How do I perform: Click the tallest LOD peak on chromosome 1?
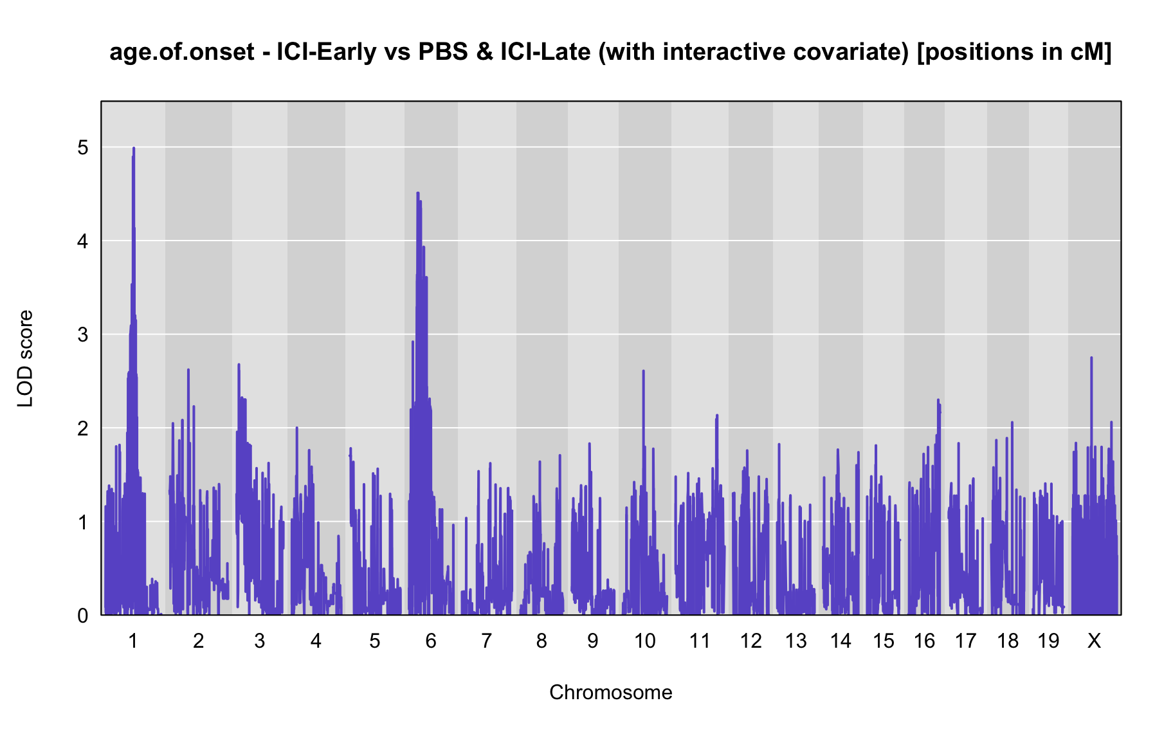[134, 148]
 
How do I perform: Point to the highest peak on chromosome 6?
[418, 192]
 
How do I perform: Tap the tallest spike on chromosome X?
[1091, 358]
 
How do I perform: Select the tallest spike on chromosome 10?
[643, 370]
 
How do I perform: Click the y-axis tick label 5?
[83, 148]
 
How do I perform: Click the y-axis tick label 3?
[83, 334]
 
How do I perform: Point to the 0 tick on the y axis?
[83, 616]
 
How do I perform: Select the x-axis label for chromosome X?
[1094, 641]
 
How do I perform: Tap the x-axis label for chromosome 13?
[796, 641]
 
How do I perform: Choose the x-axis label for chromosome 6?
[431, 641]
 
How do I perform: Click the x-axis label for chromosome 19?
[1048, 641]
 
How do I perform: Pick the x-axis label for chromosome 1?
[133, 641]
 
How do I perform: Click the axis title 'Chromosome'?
[611, 692]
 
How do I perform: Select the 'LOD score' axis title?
[25, 358]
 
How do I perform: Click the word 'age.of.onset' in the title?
[182, 51]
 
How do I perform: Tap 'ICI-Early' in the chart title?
[327, 51]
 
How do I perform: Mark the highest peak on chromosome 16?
[938, 399]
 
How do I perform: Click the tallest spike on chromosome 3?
[239, 364]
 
